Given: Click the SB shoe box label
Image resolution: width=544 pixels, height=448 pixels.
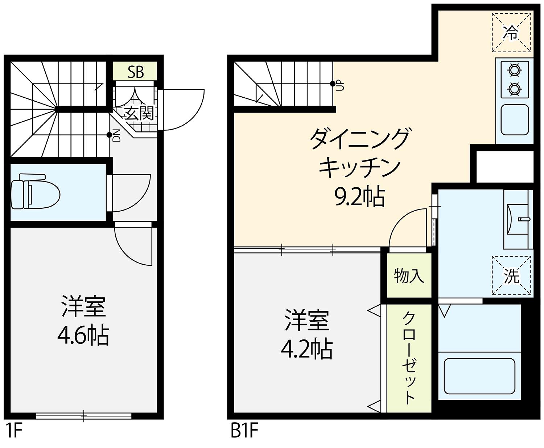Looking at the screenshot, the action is pos(136,72).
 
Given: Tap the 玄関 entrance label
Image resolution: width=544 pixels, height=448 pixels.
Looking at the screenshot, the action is pos(139,113).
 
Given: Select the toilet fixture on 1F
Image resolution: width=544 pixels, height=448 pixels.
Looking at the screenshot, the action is pos(35,191).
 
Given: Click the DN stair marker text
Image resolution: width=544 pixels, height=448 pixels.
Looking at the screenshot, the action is pos(116,139).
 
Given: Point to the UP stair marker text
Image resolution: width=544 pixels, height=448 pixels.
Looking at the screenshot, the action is pos(340,85).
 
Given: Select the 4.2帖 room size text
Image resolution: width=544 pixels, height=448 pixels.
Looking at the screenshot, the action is pos(307,349).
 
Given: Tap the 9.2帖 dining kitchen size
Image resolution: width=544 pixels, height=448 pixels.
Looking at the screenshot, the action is pos(360,197).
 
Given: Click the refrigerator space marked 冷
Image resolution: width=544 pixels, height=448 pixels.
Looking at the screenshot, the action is pos(511,33).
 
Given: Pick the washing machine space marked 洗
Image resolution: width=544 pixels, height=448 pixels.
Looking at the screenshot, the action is pos(511,275).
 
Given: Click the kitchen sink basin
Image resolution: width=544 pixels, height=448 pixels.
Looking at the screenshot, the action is pos(515,120).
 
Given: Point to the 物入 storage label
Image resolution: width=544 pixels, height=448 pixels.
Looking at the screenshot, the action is pos(409,276).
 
